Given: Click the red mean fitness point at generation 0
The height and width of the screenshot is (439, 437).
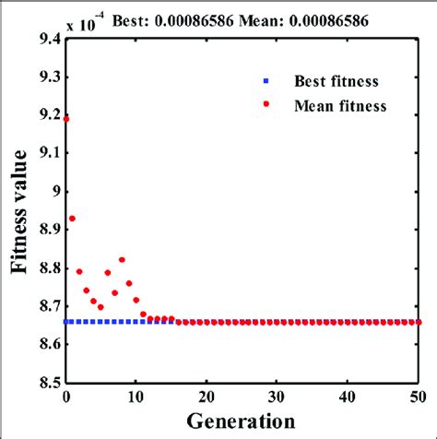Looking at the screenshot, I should (65, 119).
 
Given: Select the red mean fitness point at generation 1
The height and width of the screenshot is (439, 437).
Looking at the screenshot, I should (73, 219).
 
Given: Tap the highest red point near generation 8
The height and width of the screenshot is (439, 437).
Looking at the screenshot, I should (122, 260).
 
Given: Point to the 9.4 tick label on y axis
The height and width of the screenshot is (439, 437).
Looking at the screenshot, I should (49, 40).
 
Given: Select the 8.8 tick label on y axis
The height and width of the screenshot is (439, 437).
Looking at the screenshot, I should (49, 267).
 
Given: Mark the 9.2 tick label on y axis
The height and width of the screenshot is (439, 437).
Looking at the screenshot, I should (49, 115).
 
